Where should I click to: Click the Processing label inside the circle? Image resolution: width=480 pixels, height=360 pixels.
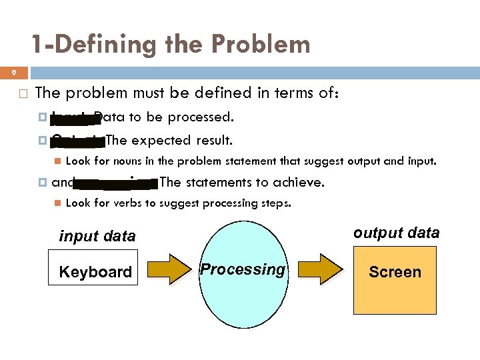coord(243,269)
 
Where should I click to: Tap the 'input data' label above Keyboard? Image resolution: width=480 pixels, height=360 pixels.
coord(97,236)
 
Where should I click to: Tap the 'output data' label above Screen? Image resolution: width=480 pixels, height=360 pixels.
coord(396,233)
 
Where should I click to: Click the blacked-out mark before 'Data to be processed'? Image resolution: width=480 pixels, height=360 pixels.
coord(72,119)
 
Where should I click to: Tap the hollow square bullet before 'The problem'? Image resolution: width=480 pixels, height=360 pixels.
coord(22,93)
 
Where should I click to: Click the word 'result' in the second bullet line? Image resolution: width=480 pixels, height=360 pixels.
coord(215,140)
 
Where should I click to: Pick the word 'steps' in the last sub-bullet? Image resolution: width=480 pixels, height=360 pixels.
coord(275,203)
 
